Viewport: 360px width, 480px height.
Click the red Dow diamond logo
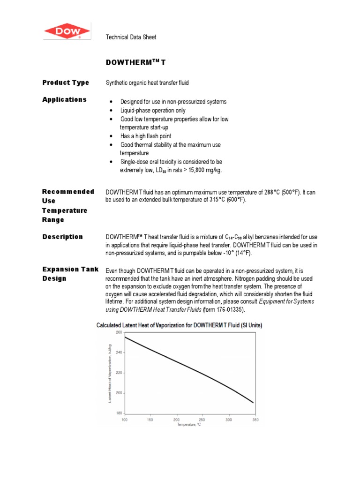(67, 32)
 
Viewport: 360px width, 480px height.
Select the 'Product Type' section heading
(66, 82)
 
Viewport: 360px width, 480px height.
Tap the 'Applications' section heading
(64, 99)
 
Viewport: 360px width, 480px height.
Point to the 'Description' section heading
(62, 237)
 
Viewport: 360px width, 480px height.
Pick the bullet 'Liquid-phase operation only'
(153, 111)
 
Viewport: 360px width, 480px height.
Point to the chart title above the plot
(179, 325)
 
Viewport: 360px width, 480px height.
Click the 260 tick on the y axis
(118, 332)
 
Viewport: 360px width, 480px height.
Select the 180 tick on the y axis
(118, 413)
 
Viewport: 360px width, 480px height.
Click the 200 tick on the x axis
(176, 420)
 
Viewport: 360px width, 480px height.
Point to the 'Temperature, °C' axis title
(189, 425)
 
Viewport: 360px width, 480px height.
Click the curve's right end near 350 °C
(253, 402)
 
